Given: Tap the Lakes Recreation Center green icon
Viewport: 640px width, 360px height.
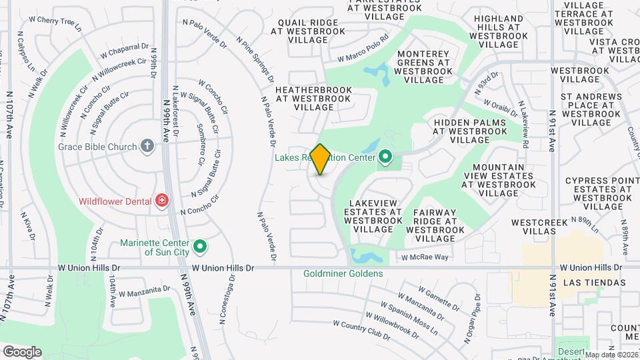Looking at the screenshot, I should tap(385, 158).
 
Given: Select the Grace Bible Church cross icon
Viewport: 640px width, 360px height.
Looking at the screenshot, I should tap(147, 146).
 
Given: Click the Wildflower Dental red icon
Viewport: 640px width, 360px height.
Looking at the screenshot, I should tap(161, 200).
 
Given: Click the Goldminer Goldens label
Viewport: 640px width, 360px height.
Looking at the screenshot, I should tap(343, 273).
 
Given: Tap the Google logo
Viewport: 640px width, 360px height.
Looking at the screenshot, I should tap(22, 351).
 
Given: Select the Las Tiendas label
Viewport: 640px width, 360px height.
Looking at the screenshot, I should tap(594, 283).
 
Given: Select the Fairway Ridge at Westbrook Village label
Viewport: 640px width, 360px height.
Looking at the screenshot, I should tap(434, 225).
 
